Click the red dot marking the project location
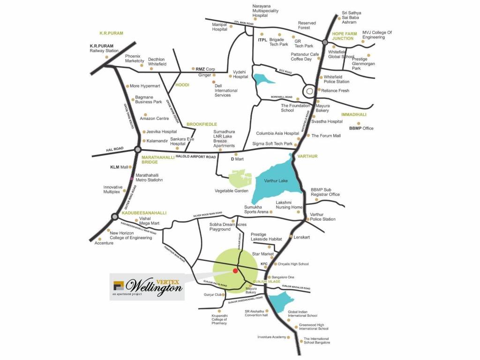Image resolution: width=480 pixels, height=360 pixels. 235,270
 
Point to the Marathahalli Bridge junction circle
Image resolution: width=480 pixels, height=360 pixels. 137,150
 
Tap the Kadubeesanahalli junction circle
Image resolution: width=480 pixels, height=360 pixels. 114,217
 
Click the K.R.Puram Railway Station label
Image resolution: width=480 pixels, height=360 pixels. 104,48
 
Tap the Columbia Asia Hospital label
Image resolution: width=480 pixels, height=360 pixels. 277,134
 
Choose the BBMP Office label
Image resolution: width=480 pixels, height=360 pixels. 361,128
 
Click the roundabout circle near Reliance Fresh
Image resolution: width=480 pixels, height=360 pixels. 310,90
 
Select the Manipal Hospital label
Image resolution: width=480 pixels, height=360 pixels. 219,27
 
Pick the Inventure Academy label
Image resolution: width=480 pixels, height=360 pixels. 271,337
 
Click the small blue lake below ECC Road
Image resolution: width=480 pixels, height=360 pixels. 262,78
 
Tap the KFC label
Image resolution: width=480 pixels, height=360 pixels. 264,264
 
